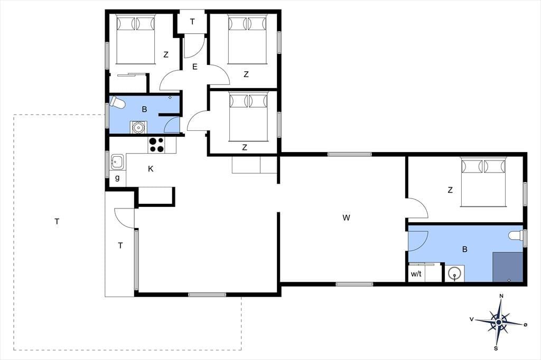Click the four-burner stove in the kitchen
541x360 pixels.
coord(156,145)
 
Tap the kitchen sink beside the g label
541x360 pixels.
coord(117,162)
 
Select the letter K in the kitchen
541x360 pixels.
coord(151,169)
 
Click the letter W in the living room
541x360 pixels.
coord(347,217)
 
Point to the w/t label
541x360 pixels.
coord(416,274)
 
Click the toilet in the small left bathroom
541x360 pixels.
coord(117,102)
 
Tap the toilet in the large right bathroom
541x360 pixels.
coord(516,235)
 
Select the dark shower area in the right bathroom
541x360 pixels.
coord(508,267)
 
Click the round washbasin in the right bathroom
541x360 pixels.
coord(454,273)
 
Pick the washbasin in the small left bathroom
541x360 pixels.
coord(138,127)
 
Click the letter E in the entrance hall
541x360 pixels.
coord(195,67)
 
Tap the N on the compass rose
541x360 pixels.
coord(502,296)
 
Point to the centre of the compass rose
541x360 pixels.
coord(499,322)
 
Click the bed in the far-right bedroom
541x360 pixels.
coord(483,182)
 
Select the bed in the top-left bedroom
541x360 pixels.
coord(135,39)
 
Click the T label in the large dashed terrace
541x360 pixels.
coord(57,221)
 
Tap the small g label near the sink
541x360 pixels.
coord(117,178)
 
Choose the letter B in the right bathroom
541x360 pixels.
coord(465,249)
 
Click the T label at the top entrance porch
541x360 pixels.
coord(192,22)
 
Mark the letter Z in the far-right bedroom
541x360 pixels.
coord(450,190)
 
